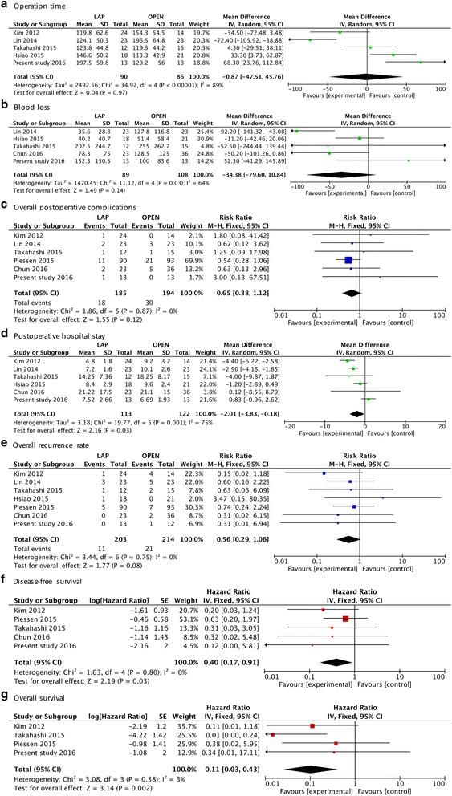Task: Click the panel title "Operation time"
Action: point(39,6)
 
